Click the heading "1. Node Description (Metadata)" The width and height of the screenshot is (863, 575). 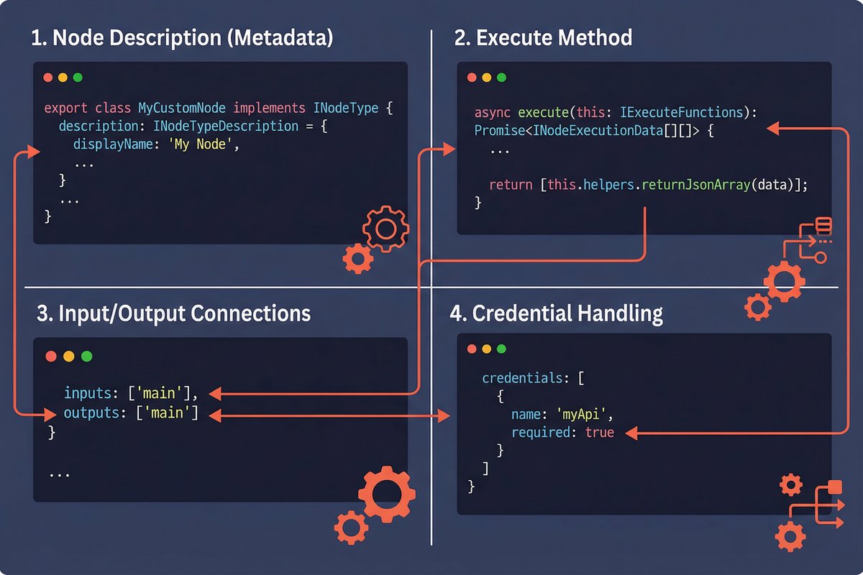click(x=182, y=37)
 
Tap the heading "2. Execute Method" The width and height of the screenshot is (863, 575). click(x=543, y=37)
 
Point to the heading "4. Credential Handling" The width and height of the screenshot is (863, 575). click(x=556, y=313)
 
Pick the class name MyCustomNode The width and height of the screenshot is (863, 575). click(x=181, y=109)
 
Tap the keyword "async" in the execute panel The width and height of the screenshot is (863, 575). click(x=493, y=113)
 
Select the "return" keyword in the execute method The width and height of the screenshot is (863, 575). click(x=511, y=185)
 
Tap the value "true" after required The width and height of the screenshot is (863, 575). click(x=600, y=433)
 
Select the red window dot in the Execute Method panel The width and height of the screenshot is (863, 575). click(x=472, y=78)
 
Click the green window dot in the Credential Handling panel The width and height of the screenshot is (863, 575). click(x=501, y=349)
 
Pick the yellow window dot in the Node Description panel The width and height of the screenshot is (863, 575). click(x=63, y=77)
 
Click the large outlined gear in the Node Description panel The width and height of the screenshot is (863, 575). click(x=385, y=229)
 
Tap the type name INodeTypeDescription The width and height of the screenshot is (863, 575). click(x=226, y=126)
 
